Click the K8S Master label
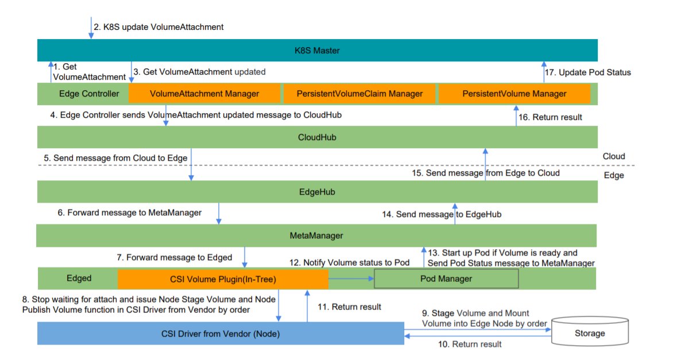coord(317,51)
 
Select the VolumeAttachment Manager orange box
coord(204,94)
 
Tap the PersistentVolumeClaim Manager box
coord(359,94)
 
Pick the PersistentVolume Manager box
coord(514,94)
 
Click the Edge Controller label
coord(89,94)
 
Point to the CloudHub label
coord(317,137)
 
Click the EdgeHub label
coord(317,192)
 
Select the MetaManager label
coord(316,235)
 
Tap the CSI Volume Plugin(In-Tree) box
coord(223,279)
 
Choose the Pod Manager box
coord(446,278)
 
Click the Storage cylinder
coord(590,331)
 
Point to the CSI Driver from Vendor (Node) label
coord(220,334)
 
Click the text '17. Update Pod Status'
coord(587,72)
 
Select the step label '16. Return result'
coord(550,117)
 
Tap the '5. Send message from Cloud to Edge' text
coord(115,158)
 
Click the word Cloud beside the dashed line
coord(614,156)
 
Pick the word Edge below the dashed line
coord(614,176)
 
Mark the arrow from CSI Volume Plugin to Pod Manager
coord(351,278)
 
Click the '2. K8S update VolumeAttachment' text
coord(158,27)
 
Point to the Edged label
coord(79,278)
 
